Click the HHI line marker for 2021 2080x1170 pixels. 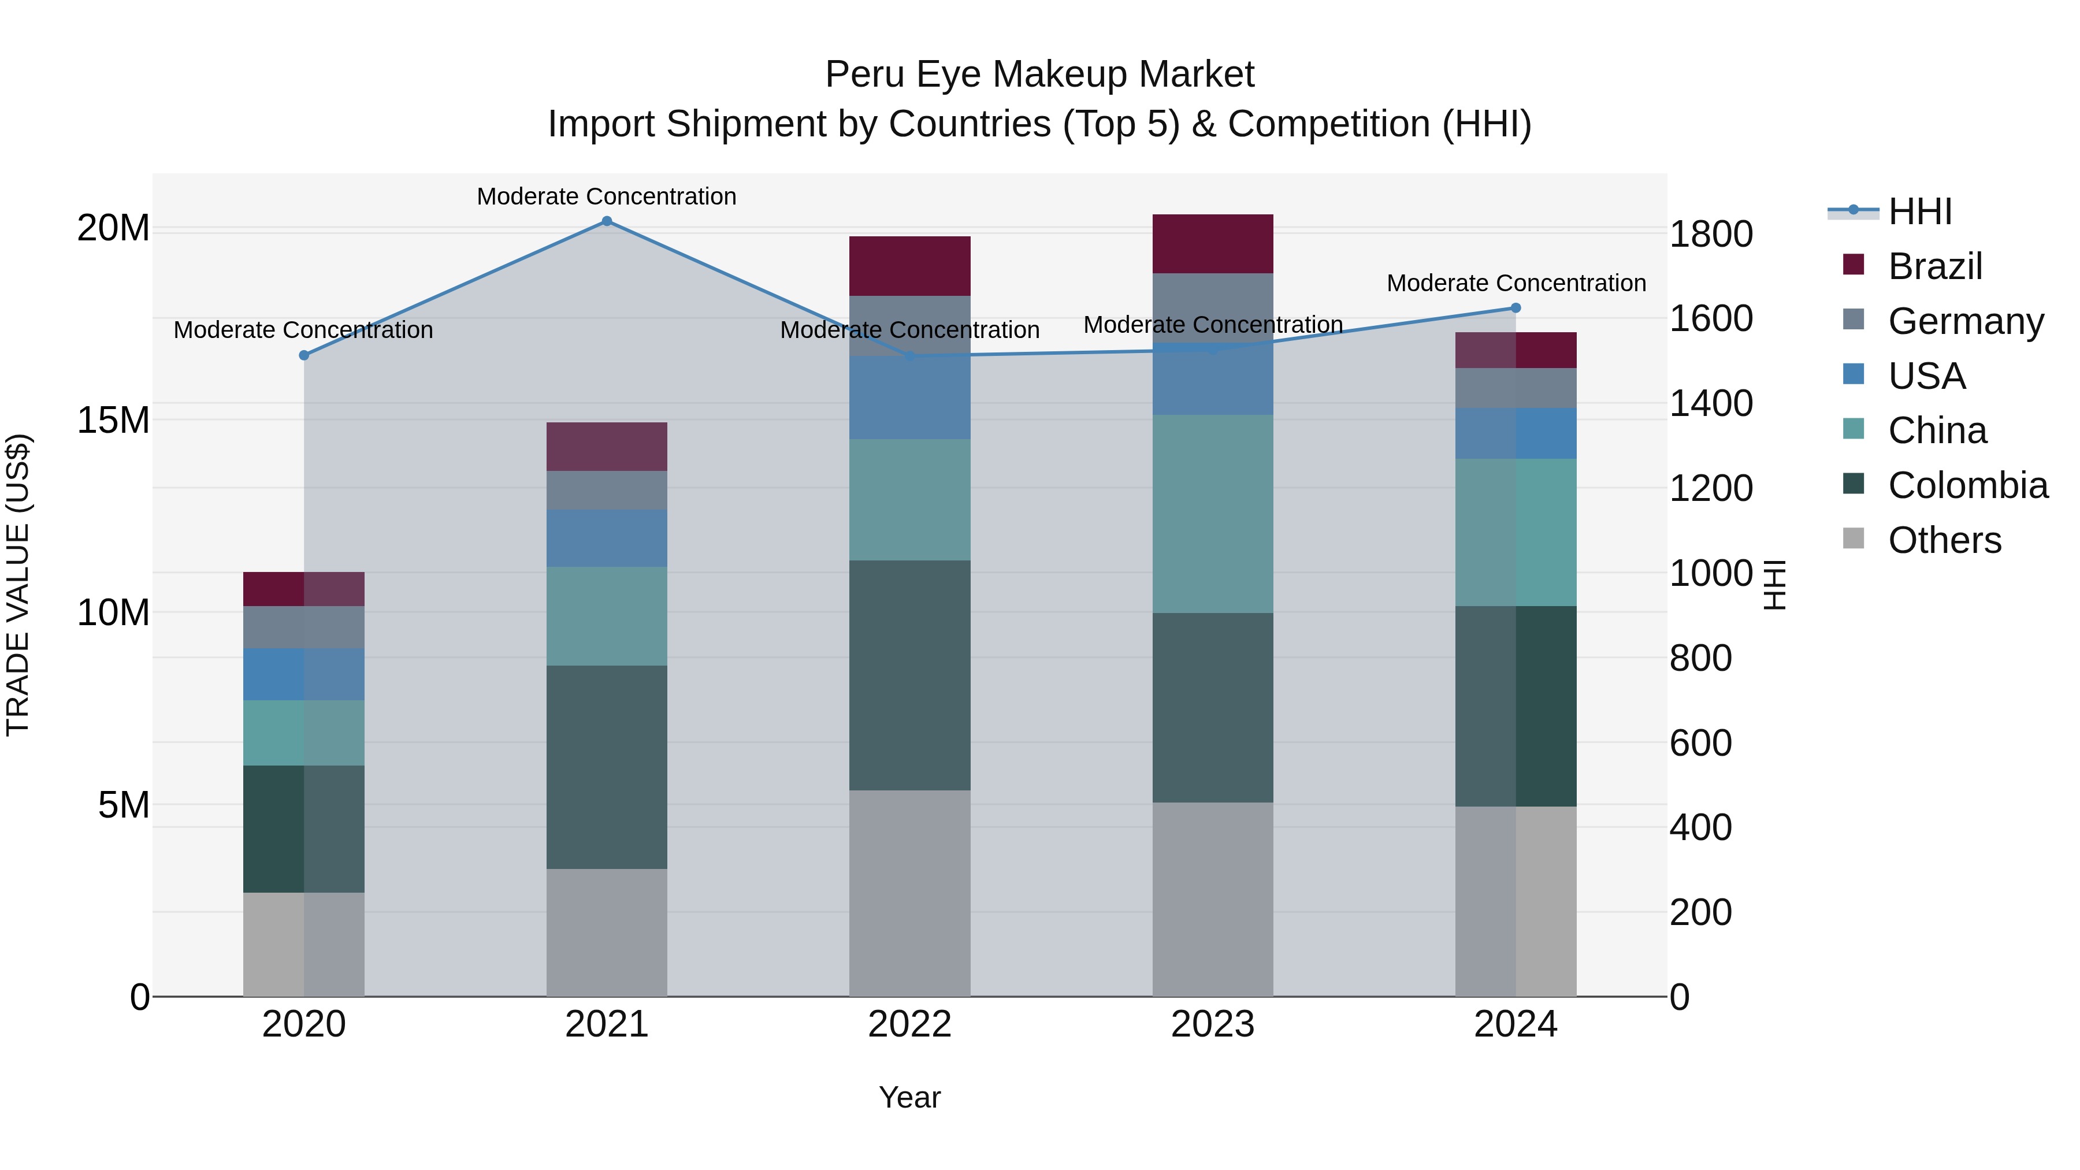pyautogui.click(x=607, y=221)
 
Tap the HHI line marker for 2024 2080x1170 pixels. pyautogui.click(x=1516, y=307)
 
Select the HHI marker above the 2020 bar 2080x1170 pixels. pyautogui.click(x=303, y=355)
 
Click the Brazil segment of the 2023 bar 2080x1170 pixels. pyautogui.click(x=1212, y=244)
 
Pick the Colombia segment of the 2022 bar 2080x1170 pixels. pyautogui.click(x=909, y=675)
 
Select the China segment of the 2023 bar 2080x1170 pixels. pyautogui.click(x=1212, y=514)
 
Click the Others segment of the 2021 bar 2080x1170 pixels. pyautogui.click(x=607, y=933)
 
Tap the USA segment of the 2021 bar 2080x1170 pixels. pyautogui.click(x=607, y=538)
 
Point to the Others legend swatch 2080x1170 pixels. pyautogui.click(x=1854, y=538)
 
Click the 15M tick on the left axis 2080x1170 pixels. pyautogui.click(x=113, y=421)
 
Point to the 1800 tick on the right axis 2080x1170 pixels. pyautogui.click(x=1711, y=235)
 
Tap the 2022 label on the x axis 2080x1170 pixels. pyautogui.click(x=909, y=1024)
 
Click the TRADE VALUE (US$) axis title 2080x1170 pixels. pyautogui.click(x=18, y=585)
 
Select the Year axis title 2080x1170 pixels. pyautogui.click(x=909, y=1097)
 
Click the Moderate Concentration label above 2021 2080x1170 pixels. pyautogui.click(x=607, y=196)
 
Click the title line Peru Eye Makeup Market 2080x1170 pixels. pyautogui.click(x=1039, y=75)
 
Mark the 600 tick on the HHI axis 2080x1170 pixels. pyautogui.click(x=1700, y=743)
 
